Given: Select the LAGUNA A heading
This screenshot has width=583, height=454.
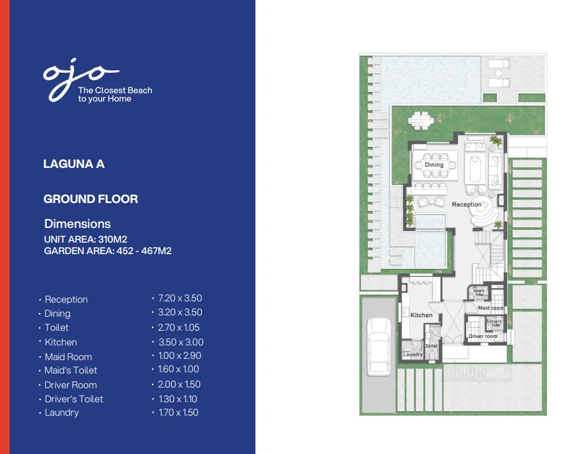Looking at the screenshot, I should tap(73, 164).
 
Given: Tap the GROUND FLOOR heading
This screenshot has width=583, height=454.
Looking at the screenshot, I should tap(91, 199).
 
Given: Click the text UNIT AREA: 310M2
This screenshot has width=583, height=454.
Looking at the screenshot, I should tap(86, 239).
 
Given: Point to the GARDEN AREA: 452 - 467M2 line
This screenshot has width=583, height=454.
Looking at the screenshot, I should tap(107, 251).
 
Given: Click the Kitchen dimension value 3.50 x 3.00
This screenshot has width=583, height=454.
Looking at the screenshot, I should tap(181, 342).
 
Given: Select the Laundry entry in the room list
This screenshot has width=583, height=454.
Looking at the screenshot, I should tap(61, 412).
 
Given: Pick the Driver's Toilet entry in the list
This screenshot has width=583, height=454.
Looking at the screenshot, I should tap(73, 399).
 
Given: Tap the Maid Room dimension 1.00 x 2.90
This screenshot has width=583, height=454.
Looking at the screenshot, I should tap(179, 356).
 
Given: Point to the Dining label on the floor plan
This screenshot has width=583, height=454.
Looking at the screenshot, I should tap(434, 165).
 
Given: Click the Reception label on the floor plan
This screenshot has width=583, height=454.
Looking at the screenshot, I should tap(467, 204).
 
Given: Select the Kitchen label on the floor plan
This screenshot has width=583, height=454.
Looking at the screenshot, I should tap(421, 315).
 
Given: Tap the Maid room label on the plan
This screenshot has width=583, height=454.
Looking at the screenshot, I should tap(490, 308).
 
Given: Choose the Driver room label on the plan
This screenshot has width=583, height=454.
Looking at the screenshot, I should tap(483, 336).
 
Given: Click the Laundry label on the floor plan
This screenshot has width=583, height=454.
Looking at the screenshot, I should tap(413, 354).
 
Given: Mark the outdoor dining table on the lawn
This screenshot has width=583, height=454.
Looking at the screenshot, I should tap(420, 119).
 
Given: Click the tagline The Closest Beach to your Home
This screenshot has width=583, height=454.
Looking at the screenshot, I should tap(115, 95).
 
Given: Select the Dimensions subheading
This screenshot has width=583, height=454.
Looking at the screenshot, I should tap(77, 224).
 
